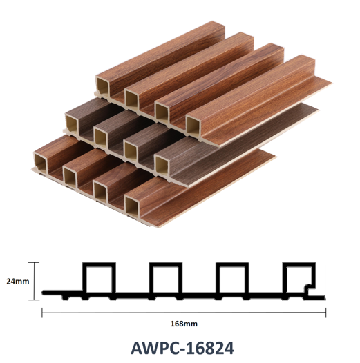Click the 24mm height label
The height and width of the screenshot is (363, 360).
coord(18,282)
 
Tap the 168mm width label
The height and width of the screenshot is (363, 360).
coord(184,324)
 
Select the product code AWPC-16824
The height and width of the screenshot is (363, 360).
coord(182,348)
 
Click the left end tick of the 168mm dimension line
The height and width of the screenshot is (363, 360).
coord(42,313)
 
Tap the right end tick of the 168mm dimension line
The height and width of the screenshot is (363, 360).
coord(325,313)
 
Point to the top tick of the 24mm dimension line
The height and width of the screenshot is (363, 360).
coord(34,262)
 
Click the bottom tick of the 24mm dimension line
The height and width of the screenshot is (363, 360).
coord(34,300)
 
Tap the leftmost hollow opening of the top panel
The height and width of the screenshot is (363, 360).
coord(102,86)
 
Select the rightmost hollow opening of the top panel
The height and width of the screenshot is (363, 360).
coord(193,126)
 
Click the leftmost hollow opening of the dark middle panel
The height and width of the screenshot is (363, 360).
coord(72,124)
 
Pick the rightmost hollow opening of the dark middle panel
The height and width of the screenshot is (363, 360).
coord(162,166)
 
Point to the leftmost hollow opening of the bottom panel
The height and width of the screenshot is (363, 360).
coord(41,161)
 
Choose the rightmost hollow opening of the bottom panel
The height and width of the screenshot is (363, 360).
coord(132,205)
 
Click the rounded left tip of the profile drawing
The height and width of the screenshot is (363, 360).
coord(44,293)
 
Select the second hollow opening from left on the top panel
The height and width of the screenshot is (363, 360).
coord(132,99)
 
